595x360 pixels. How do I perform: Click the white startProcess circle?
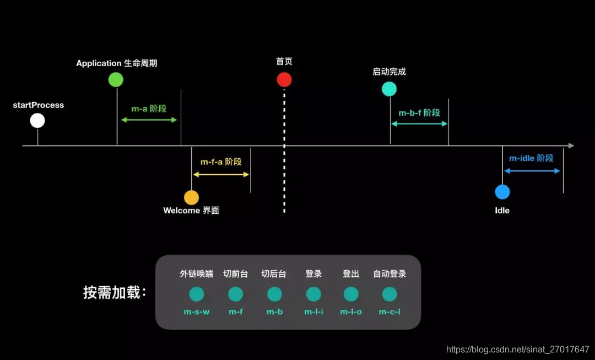point(37,120)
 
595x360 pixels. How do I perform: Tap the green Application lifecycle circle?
point(116,79)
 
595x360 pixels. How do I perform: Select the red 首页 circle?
point(284,80)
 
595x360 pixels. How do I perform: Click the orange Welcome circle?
point(191,197)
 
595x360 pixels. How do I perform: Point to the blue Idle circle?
point(502,192)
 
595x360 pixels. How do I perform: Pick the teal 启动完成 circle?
point(389,89)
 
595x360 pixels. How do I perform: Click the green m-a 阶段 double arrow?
point(149,120)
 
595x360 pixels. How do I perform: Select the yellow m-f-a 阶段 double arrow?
point(221,174)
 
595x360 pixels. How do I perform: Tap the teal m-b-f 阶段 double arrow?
point(419,123)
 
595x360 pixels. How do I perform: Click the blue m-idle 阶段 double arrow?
point(532,171)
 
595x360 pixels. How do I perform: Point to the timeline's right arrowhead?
point(571,146)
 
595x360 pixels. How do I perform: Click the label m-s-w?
point(197,312)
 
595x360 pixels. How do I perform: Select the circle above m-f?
point(236,294)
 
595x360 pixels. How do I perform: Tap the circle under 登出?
point(351,294)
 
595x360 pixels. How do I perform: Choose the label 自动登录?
point(390,274)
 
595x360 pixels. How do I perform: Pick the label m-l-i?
point(313,312)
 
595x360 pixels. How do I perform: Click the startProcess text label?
point(39,105)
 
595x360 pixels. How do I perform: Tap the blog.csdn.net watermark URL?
point(517,350)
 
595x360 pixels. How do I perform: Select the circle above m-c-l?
point(390,294)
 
